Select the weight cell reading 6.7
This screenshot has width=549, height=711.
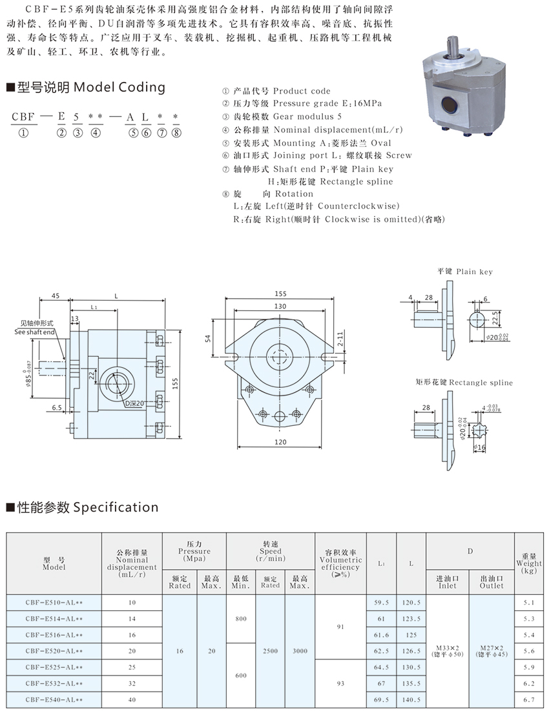pos(529,699)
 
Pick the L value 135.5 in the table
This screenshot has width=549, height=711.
pos(411,683)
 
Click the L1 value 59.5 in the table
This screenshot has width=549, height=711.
pos(381,603)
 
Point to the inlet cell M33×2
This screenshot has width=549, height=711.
pos(448,646)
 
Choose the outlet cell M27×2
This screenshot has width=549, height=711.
pos(492,646)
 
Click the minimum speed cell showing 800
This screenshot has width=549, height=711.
pos(241,619)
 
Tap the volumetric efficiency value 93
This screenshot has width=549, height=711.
pos(340,683)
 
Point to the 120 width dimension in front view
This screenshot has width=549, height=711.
pos(280,442)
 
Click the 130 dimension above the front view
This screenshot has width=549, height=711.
pos(280,306)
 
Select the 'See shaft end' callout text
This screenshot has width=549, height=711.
pos(35,332)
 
